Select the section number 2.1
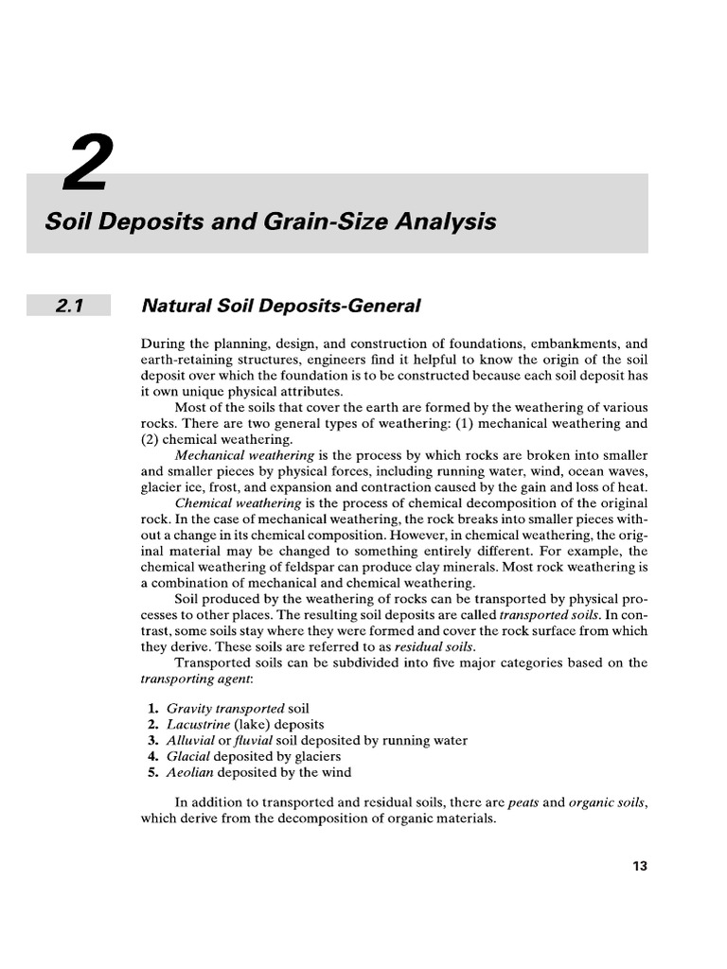pos(70,305)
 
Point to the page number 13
pos(640,865)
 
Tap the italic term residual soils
pos(434,646)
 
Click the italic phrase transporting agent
pos(188,678)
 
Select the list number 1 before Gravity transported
pos(152,708)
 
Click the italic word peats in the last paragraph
pos(524,802)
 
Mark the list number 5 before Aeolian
pos(152,772)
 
